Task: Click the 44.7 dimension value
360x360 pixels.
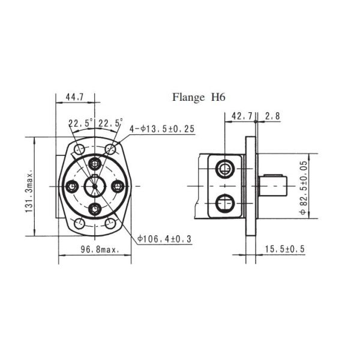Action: point(74,96)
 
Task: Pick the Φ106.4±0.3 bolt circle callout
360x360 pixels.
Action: point(163,238)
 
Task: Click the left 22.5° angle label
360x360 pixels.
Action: point(80,123)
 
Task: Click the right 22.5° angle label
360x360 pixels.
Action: point(110,123)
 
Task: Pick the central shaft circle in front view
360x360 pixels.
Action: point(94,186)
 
